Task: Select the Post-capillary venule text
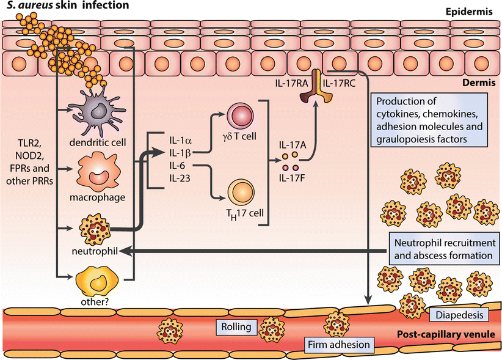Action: pos(440,336)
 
